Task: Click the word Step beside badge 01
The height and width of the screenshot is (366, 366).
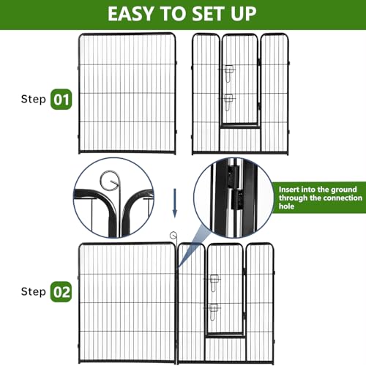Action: (29, 98)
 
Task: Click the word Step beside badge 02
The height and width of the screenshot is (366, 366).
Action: (29, 292)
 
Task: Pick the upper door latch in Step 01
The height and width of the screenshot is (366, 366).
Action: (228, 71)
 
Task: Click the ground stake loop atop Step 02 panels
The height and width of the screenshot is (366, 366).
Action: (173, 236)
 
